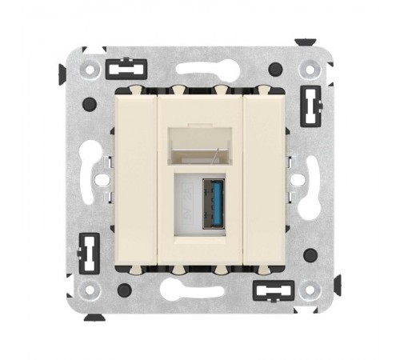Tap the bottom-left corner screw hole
click(x=90, y=290)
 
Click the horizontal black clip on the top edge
click(x=127, y=68)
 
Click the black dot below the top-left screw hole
click(x=90, y=103)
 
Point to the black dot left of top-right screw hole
click(x=275, y=69)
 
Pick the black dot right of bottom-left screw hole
click(x=124, y=290)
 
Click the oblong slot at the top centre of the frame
click(x=199, y=67)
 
